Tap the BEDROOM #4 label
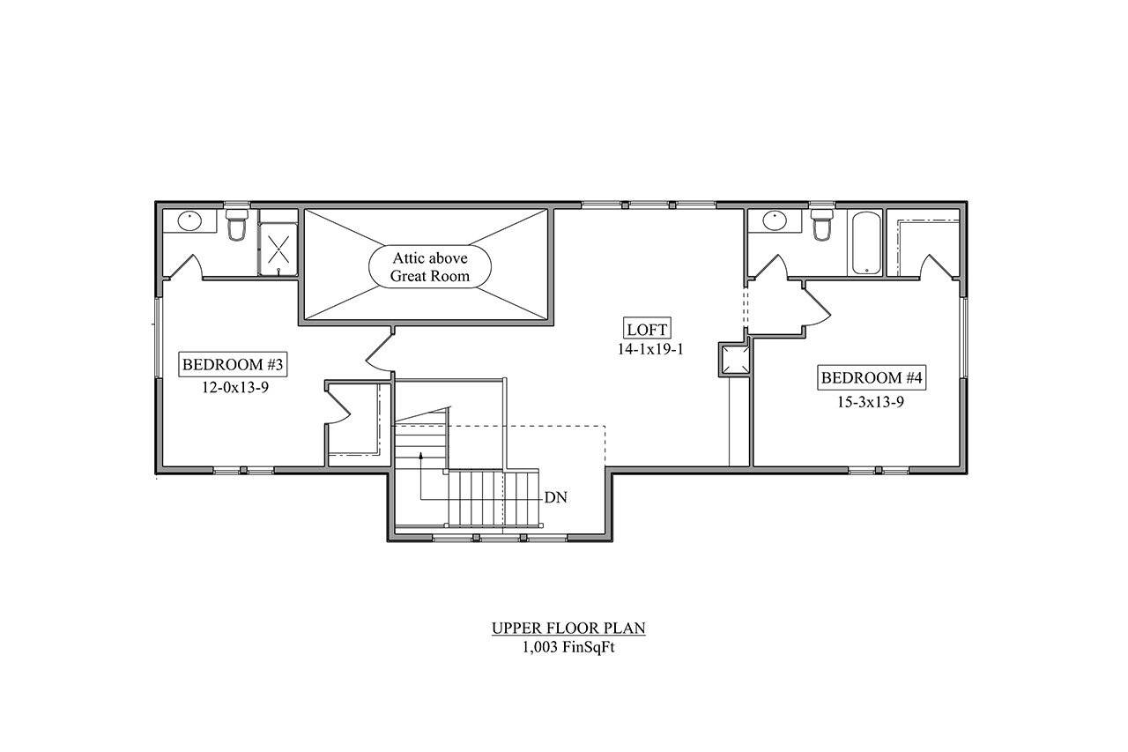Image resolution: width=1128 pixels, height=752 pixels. pos(872,378)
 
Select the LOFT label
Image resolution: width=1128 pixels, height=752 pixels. pos(648,329)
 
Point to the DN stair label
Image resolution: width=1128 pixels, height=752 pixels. pos(555,497)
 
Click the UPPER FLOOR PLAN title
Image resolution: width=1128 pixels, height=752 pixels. pos(568,628)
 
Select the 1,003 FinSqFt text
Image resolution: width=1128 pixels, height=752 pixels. pos(568,645)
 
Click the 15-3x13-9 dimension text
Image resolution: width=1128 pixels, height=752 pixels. pos(872,400)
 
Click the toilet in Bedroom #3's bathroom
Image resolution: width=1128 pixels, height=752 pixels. pos(236,226)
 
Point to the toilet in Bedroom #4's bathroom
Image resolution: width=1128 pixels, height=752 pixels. pos(821,226)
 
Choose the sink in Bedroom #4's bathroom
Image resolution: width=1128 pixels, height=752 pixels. pos(775,220)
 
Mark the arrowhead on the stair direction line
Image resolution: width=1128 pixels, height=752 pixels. pos(421,456)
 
